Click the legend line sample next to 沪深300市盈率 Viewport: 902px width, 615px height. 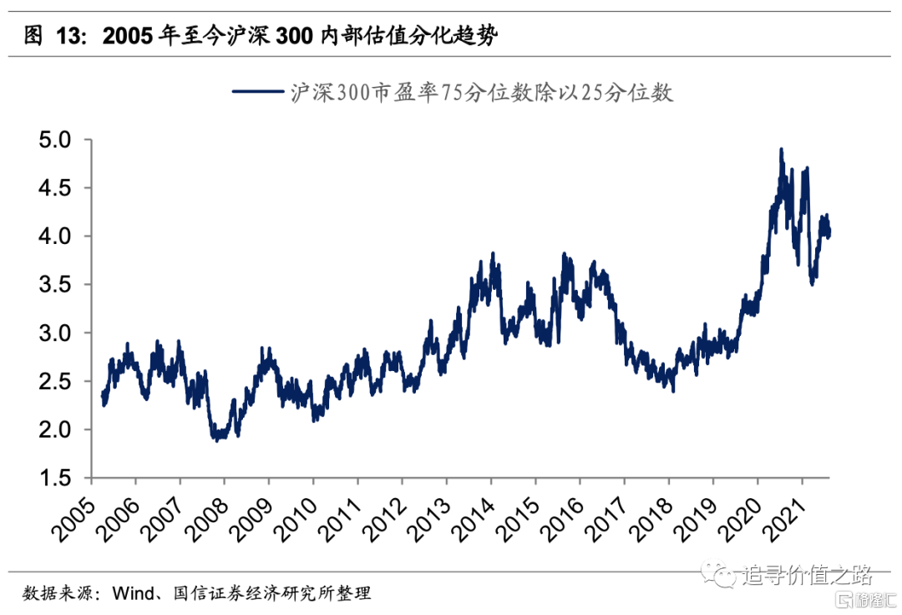click(256, 93)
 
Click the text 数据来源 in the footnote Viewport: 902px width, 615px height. click(55, 593)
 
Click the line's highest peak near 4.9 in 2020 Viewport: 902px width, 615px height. click(781, 150)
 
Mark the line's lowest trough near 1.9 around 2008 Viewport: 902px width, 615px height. click(217, 439)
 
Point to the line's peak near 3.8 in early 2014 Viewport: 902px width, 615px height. click(493, 253)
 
